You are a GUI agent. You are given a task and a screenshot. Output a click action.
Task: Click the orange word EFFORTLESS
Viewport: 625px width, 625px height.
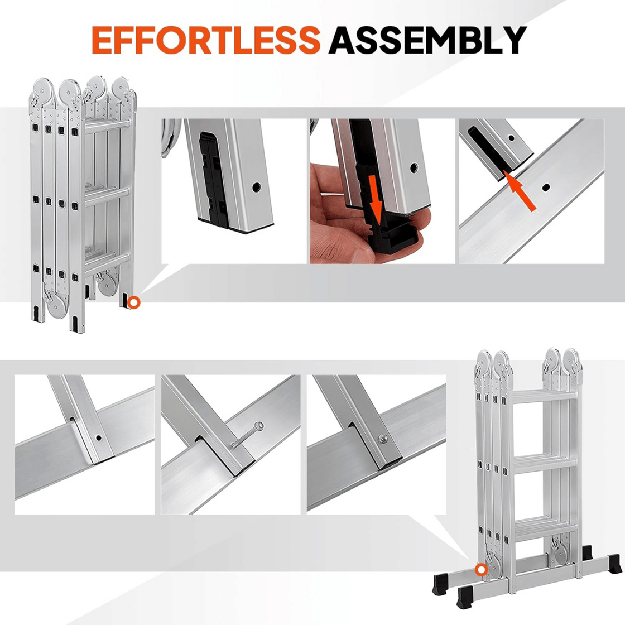[205, 40]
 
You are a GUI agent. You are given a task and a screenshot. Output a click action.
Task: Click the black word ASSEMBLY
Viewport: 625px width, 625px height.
[427, 40]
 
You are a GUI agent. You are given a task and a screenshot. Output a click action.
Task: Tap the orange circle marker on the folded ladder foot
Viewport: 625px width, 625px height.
[133, 302]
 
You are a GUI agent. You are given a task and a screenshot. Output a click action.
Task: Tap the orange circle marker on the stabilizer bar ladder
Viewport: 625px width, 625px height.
[481, 570]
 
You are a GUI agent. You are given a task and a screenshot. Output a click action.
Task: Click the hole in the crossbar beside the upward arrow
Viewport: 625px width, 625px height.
[546, 187]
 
